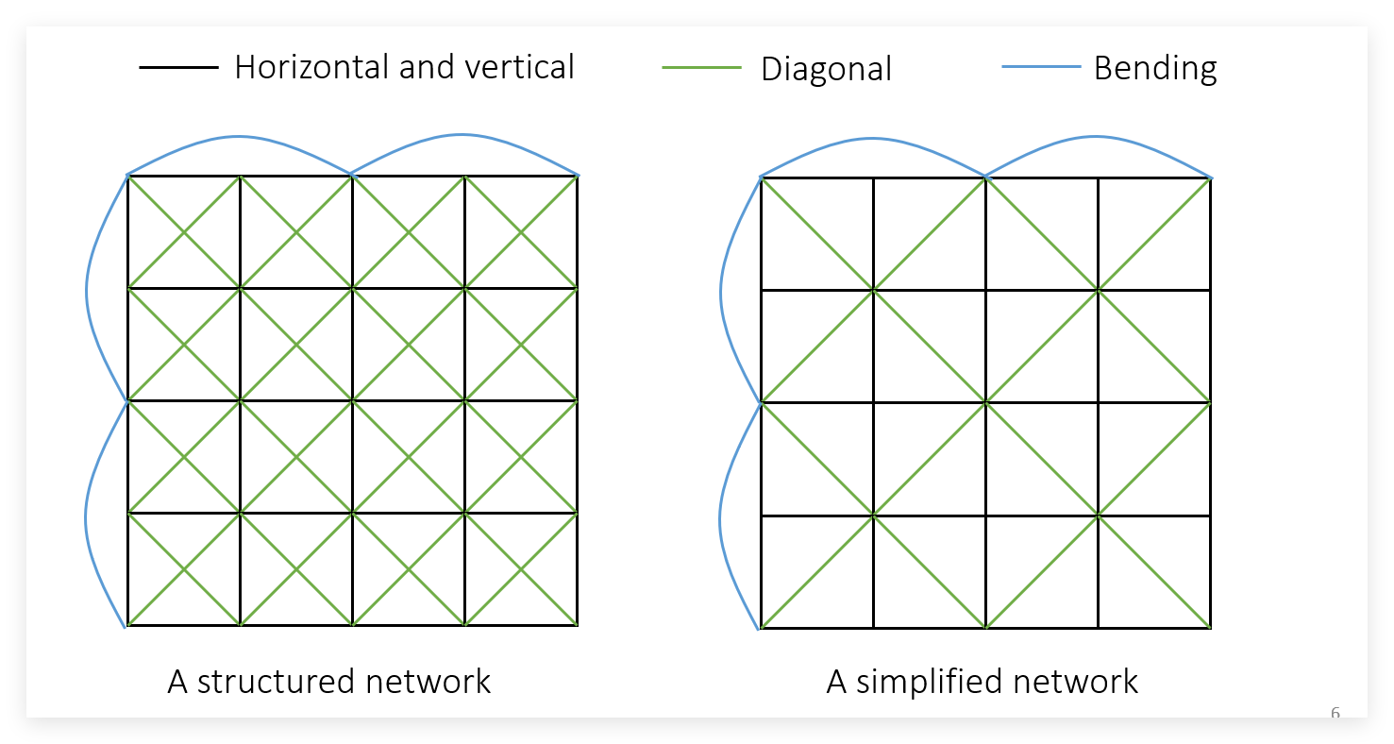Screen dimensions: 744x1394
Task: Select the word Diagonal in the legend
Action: [x=826, y=69]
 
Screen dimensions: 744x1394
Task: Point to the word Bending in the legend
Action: [x=1155, y=68]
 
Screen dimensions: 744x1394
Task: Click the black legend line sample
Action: [x=178, y=67]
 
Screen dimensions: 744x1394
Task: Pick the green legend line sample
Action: [x=701, y=68]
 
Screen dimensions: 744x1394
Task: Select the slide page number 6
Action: [x=1335, y=714]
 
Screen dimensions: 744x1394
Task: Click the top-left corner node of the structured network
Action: [x=127, y=176]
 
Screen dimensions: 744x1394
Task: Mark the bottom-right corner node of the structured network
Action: [x=577, y=625]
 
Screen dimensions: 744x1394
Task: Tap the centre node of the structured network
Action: [x=352, y=400]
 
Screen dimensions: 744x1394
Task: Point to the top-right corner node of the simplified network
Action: [x=1210, y=178]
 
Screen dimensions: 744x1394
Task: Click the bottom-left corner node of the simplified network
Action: [x=761, y=628]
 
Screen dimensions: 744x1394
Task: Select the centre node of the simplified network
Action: [x=985, y=403]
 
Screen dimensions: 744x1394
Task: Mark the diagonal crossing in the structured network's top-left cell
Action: [x=184, y=231]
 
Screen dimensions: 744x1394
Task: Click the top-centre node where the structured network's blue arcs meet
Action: [x=352, y=175]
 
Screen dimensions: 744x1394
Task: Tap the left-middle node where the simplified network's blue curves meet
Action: [x=761, y=403]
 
